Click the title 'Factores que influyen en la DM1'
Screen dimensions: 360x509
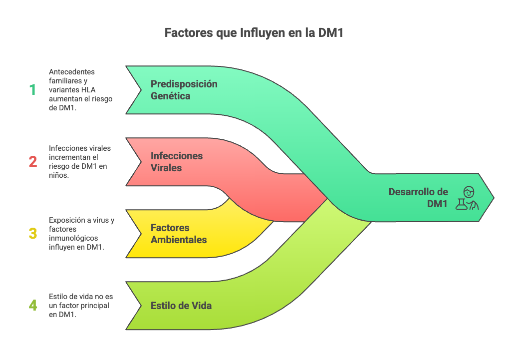pyautogui.click(x=254, y=33)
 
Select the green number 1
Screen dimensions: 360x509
pyautogui.click(x=32, y=90)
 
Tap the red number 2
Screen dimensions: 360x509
pyautogui.click(x=32, y=162)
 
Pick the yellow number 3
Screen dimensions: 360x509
pyautogui.click(x=32, y=234)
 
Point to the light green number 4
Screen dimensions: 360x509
pyautogui.click(x=32, y=305)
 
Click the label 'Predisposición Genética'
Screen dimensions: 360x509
pyautogui.click(x=184, y=90)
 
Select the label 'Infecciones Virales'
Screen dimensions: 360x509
pyautogui.click(x=177, y=162)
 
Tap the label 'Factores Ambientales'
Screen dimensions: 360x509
pyautogui.click(x=179, y=234)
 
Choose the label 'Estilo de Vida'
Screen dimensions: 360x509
pyautogui.click(x=181, y=306)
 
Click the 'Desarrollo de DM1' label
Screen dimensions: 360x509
pyautogui.click(x=418, y=198)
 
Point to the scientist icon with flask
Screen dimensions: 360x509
pyautogui.click(x=468, y=198)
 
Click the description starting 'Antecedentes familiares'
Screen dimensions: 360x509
pyautogui.click(x=80, y=90)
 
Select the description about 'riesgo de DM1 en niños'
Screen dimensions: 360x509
pyautogui.click(x=80, y=162)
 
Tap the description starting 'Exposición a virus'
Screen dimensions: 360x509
pyautogui.click(x=81, y=234)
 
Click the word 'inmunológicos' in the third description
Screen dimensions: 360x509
pyautogui.click(x=74, y=238)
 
